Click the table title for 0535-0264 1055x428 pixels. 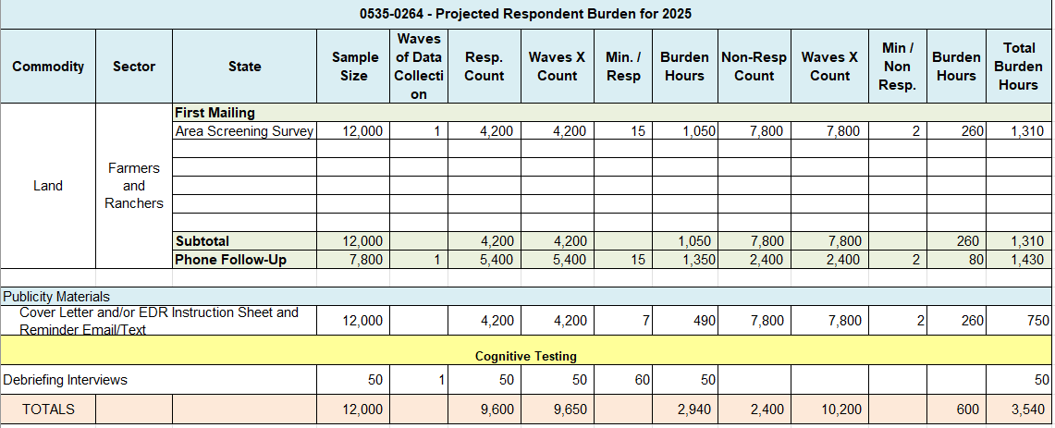(525, 14)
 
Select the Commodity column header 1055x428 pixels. (48, 67)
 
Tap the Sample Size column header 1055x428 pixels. (353, 67)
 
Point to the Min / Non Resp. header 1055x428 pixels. (897, 67)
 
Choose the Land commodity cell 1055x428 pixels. (48, 186)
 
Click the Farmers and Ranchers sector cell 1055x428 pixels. (134, 186)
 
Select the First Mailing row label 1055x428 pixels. (215, 113)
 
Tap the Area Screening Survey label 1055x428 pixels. (245, 131)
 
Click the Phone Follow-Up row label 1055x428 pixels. (230, 260)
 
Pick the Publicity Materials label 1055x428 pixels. (56, 297)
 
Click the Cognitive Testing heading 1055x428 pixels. (525, 356)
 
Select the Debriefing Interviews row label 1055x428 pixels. (65, 380)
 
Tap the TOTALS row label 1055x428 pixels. (48, 409)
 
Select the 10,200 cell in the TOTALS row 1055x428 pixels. (829, 409)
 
